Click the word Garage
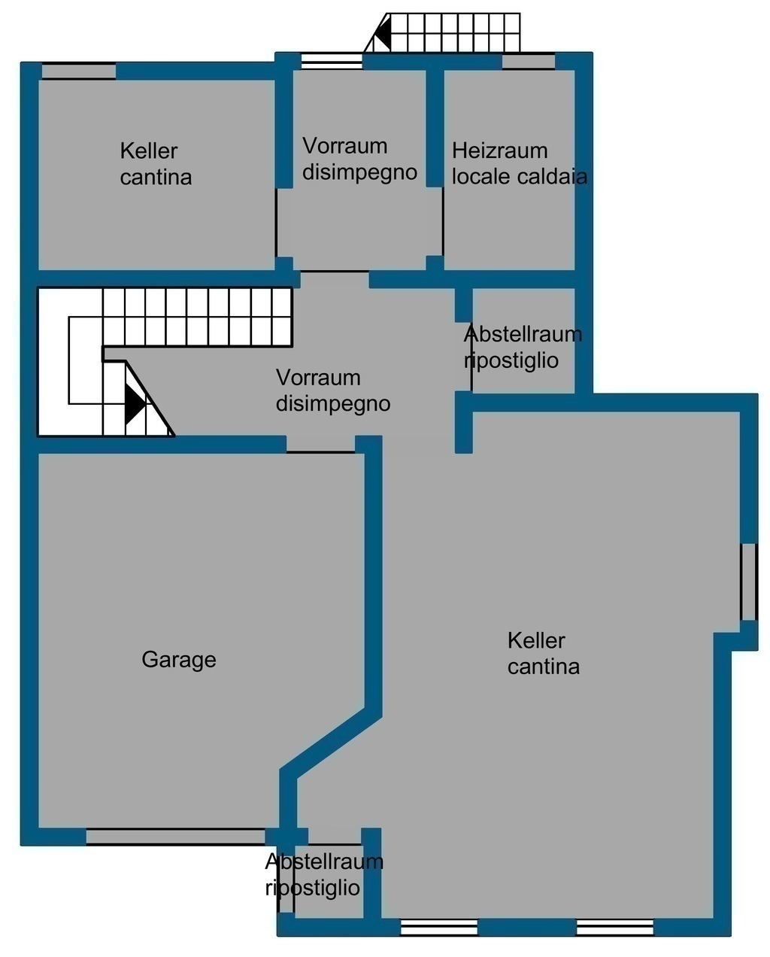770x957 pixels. coord(179,660)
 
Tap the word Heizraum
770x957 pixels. coord(500,150)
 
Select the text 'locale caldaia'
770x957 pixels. coord(520,177)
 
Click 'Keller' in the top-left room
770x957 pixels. coord(148,151)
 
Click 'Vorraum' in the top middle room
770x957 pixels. coord(344,146)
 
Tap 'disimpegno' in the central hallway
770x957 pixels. coord(333,404)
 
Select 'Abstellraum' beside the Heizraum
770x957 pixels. coord(523,334)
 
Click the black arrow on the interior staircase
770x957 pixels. coord(135,404)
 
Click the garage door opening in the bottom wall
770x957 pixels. coord(176,836)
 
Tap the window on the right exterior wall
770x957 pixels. coord(749,582)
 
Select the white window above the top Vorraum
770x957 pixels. coord(332,61)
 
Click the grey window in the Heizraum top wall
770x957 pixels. coord(529,62)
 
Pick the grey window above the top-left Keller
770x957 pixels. coord(79,71)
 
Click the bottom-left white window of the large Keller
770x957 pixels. coord(439,928)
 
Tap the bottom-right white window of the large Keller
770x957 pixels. coord(615,928)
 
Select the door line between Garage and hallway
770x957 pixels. coord(320,452)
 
